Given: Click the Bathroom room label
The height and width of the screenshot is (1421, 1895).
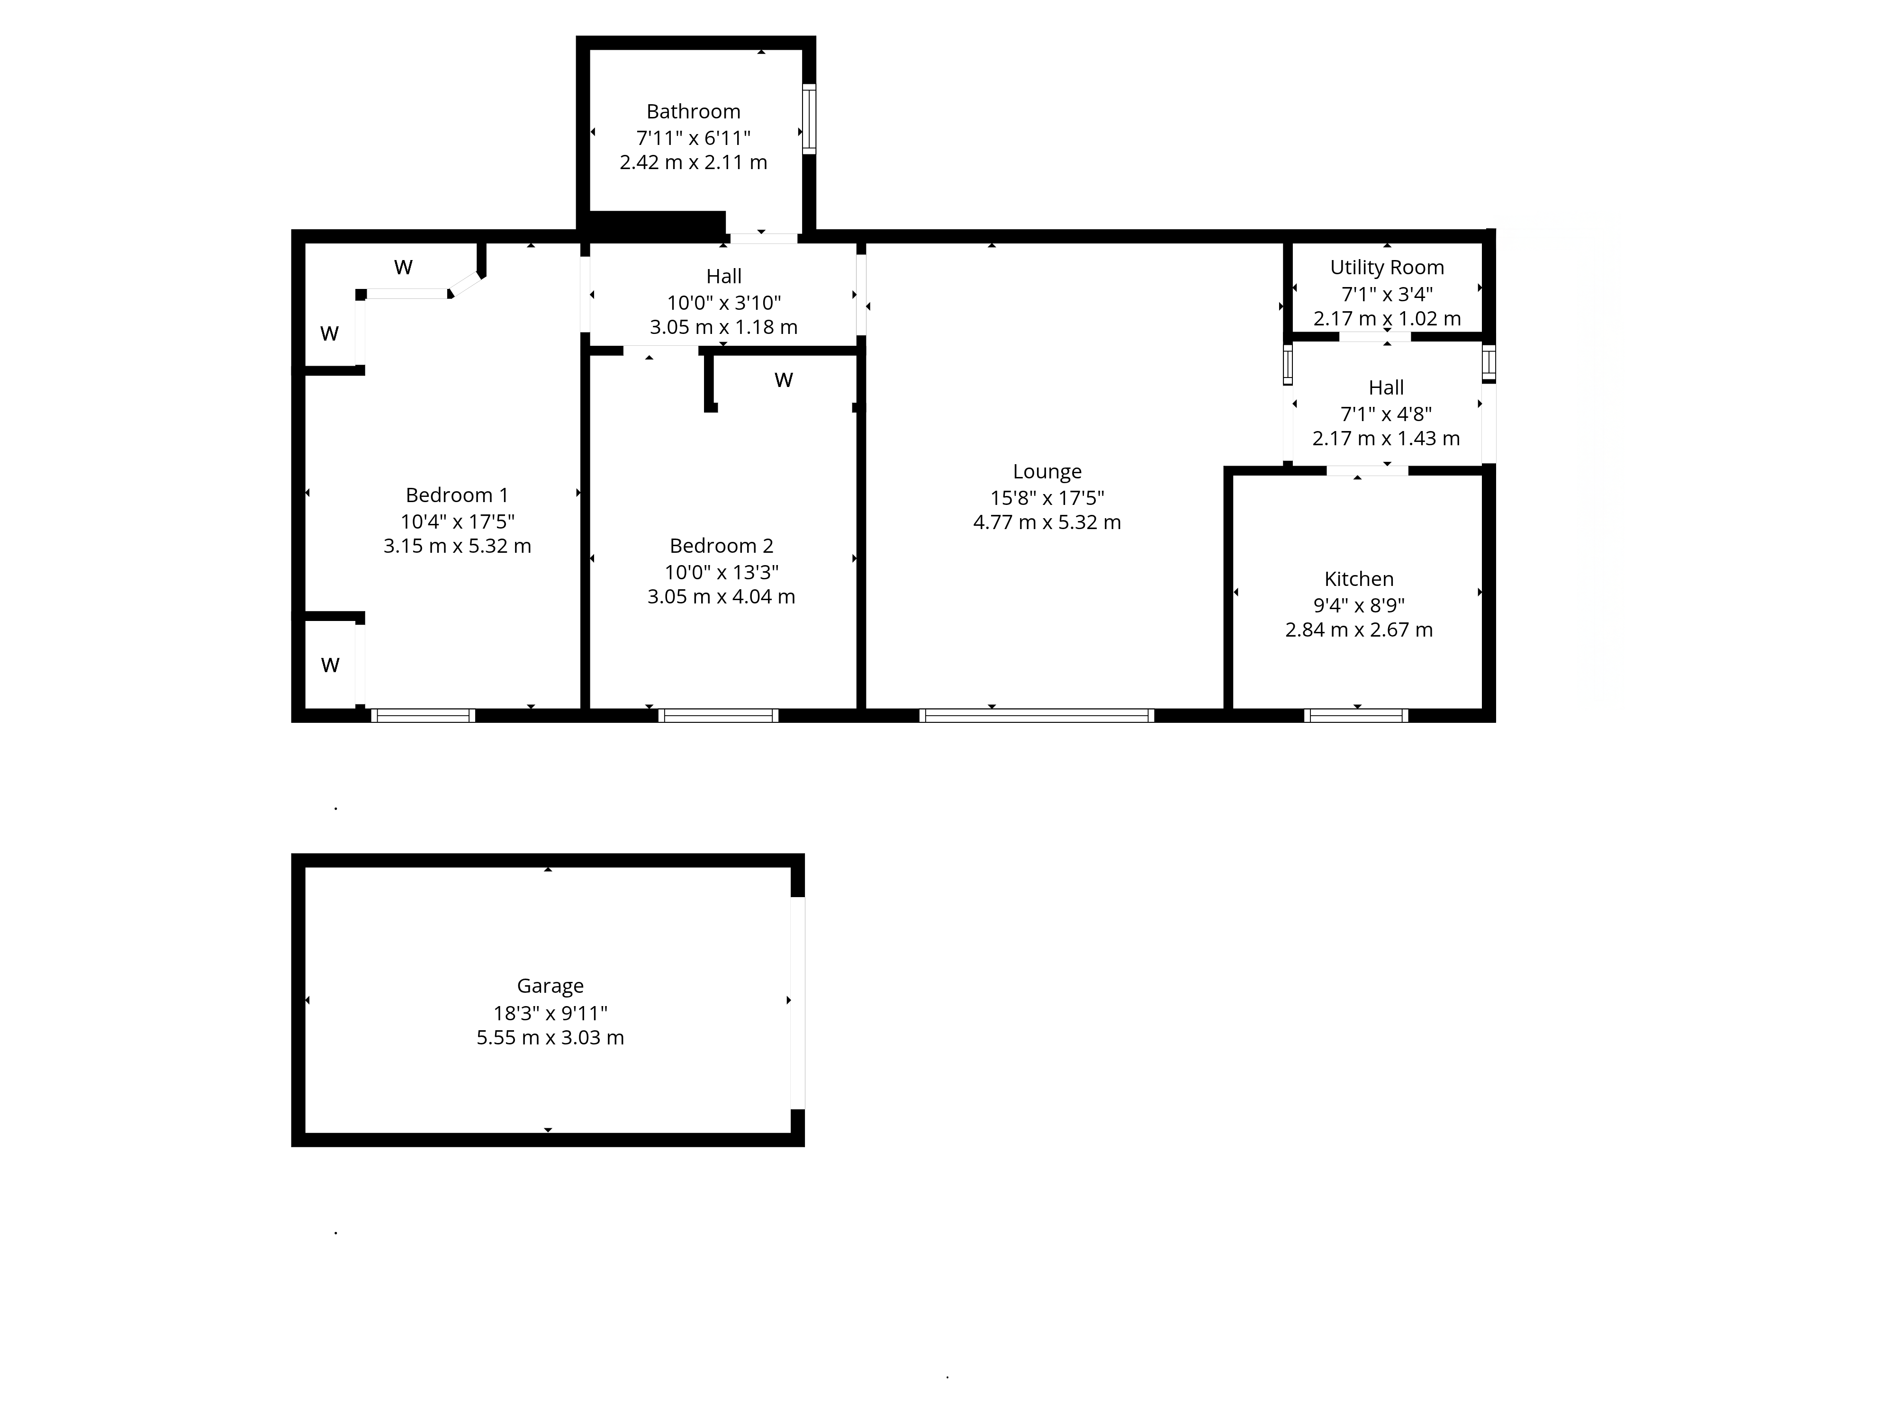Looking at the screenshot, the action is pyautogui.click(x=693, y=111).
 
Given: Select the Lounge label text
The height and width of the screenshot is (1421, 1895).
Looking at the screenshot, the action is pyautogui.click(x=1047, y=472).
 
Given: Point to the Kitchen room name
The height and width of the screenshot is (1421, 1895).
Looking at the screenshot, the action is pyautogui.click(x=1359, y=579).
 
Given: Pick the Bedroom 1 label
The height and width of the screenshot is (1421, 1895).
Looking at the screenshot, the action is pyautogui.click(x=457, y=495).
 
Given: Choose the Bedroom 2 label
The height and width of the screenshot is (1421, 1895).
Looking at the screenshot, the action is pyautogui.click(x=722, y=546).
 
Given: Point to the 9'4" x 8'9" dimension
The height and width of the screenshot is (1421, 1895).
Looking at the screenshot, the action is pyautogui.click(x=1359, y=605).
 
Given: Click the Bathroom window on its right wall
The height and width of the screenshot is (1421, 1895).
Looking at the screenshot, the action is pyautogui.click(x=809, y=119).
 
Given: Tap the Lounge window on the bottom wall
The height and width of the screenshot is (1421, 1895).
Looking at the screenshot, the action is pyautogui.click(x=1037, y=715).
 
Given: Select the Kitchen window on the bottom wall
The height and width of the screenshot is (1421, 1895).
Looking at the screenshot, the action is pyautogui.click(x=1356, y=715).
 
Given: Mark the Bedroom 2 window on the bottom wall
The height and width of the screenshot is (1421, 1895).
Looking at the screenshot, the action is pyautogui.click(x=719, y=715).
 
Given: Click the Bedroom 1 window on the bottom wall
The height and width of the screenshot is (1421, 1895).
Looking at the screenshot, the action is pyautogui.click(x=423, y=715).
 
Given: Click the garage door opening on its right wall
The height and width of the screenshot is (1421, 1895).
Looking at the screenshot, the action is pyautogui.click(x=798, y=1003).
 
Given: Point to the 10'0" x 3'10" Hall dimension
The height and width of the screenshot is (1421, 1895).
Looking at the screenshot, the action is pyautogui.click(x=724, y=302).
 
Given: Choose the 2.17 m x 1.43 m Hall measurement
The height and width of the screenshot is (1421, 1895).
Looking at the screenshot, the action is pyautogui.click(x=1386, y=439).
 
